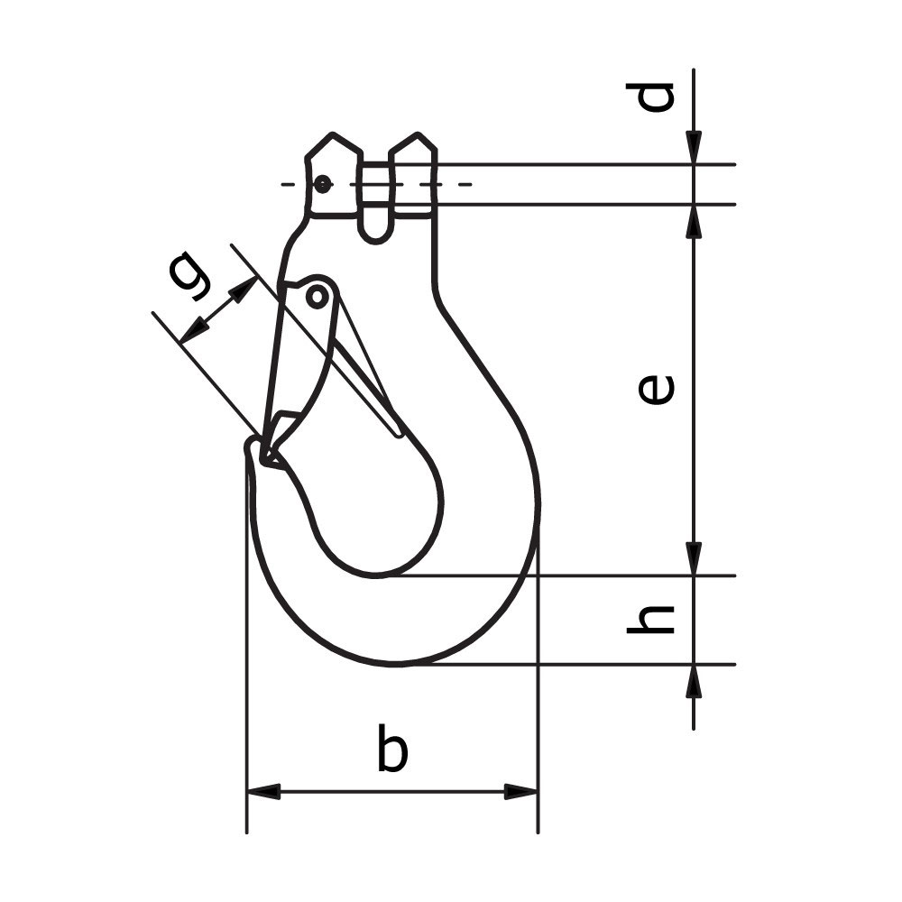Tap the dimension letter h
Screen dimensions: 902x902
[651, 619]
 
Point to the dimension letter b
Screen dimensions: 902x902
[391, 748]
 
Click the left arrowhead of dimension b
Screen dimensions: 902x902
[262, 791]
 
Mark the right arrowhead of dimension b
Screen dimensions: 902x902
[521, 791]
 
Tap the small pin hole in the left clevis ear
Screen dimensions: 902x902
[322, 185]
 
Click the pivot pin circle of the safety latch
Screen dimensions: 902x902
[317, 296]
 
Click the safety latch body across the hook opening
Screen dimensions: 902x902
[293, 361]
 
